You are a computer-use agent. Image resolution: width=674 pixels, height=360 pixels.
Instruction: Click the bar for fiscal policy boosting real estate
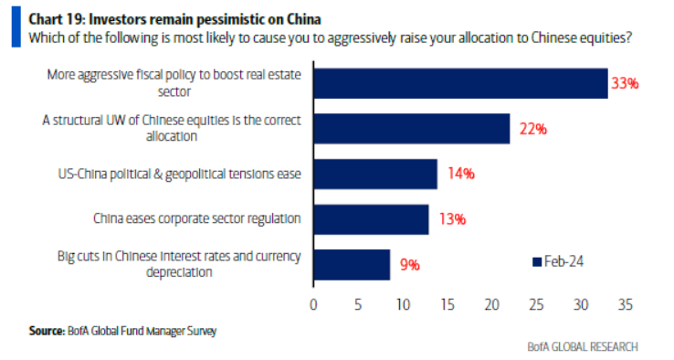pyautogui.click(x=460, y=83)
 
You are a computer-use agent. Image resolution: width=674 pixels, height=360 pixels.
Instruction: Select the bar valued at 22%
pyautogui.click(x=411, y=129)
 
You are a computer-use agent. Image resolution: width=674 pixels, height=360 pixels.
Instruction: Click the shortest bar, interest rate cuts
pyautogui.click(x=352, y=264)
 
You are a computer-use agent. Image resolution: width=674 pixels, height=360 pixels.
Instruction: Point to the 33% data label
pyautogui.click(x=625, y=83)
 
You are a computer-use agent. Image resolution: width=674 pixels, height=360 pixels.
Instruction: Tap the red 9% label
pyautogui.click(x=408, y=265)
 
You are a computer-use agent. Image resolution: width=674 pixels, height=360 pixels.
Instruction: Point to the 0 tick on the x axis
pyautogui.click(x=313, y=302)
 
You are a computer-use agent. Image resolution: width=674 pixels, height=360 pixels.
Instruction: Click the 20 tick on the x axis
pyautogui.click(x=491, y=302)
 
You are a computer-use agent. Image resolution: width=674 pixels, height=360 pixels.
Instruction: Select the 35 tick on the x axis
pyautogui.click(x=626, y=302)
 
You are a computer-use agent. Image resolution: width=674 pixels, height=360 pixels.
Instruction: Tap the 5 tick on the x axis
pyautogui.click(x=358, y=302)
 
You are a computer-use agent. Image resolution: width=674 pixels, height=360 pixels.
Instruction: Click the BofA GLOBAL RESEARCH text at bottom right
pyautogui.click(x=582, y=346)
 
